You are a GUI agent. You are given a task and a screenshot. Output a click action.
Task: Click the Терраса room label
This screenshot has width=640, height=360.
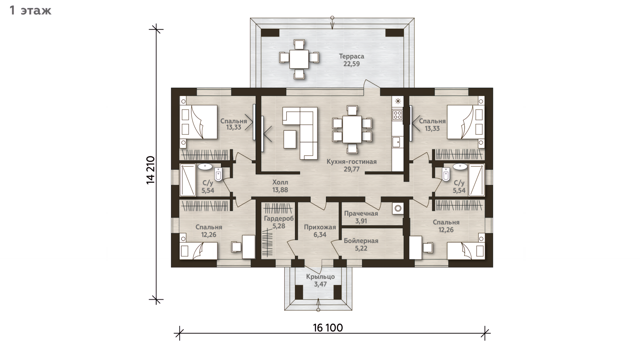click(x=351, y=56)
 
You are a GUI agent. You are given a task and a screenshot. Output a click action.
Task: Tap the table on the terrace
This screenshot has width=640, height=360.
click(x=299, y=59)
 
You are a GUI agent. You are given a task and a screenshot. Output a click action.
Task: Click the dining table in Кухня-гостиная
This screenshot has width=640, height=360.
click(x=352, y=129)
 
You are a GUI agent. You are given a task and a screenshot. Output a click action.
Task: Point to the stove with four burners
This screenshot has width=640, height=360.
click(x=397, y=115)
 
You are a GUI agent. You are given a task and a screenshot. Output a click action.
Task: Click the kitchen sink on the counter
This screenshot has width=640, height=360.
click(x=397, y=142)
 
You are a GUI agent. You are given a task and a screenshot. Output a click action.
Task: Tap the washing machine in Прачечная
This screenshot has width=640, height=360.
click(x=398, y=208)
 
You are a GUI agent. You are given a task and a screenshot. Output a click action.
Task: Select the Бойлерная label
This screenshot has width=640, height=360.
click(x=361, y=241)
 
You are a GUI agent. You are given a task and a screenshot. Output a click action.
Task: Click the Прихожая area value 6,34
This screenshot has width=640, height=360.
click(x=320, y=235)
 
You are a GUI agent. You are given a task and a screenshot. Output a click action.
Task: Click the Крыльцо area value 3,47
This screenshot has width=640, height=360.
click(x=320, y=284)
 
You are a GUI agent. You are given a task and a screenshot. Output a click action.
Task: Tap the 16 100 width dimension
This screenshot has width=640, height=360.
click(x=328, y=328)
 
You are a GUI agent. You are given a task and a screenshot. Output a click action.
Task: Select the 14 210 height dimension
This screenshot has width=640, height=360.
click(x=151, y=170)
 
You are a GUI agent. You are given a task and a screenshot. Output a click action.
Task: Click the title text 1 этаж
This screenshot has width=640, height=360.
click(x=31, y=11)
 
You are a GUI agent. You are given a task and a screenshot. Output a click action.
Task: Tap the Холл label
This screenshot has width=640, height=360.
click(x=280, y=183)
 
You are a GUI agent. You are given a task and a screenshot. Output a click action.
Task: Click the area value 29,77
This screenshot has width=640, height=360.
click(x=352, y=169)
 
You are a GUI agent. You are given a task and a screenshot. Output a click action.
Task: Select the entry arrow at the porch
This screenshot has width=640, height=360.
click(x=318, y=304)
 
